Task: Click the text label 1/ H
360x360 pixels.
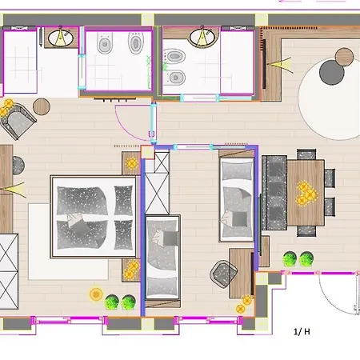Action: click(302, 331)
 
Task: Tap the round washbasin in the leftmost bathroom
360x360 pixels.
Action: click(61, 38)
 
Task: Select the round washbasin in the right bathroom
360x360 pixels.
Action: click(202, 38)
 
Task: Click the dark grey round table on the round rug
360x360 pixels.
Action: click(331, 73)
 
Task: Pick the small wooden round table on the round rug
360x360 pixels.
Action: click(344, 57)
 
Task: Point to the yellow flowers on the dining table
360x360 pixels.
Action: click(306, 193)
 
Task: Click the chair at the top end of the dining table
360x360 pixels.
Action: click(306, 154)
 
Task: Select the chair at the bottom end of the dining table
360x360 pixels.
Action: click(306, 231)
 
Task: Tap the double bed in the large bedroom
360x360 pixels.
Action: click(93, 217)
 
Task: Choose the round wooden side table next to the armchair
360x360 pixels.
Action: click(42, 106)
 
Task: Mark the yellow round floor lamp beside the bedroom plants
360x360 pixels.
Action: click(96, 294)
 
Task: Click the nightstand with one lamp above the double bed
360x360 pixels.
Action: click(131, 163)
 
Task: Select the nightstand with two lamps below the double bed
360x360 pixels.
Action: click(131, 270)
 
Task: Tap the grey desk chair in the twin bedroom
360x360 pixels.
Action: click(223, 274)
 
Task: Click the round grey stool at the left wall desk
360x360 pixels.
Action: click(18, 166)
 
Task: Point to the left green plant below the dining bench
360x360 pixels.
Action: click(290, 258)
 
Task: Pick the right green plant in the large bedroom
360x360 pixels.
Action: click(128, 302)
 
